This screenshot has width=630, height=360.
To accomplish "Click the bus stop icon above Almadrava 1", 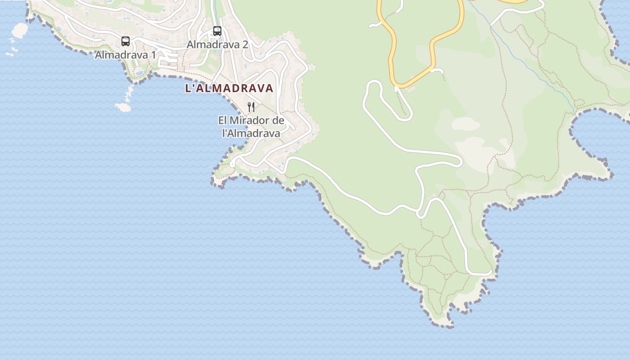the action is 126,41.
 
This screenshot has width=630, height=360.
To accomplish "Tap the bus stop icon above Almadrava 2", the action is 217,31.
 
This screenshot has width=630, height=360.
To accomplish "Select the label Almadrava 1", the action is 126,55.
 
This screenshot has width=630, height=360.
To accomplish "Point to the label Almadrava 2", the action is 217,45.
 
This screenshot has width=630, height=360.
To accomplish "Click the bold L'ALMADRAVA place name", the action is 229,88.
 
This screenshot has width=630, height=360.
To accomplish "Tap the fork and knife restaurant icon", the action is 251,107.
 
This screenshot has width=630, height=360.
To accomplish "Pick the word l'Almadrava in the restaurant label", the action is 251,133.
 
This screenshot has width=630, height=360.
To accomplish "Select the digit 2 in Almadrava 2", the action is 245,45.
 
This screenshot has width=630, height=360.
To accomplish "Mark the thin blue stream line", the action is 531,67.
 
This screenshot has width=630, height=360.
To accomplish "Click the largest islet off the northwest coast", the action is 20,30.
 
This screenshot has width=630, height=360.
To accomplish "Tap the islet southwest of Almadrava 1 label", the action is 123,108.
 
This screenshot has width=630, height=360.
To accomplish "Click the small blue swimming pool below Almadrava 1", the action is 139,72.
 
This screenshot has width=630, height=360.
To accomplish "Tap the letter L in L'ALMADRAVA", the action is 189,88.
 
